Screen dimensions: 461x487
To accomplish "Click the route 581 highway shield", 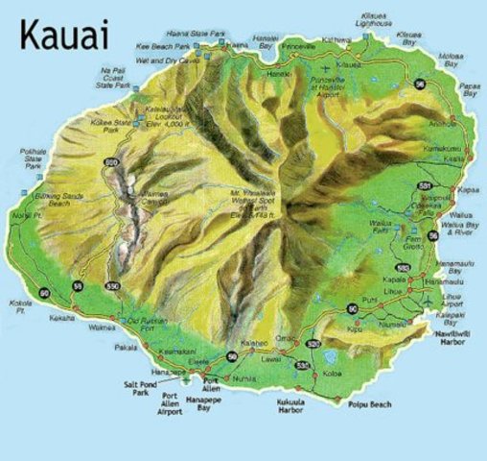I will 425,185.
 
